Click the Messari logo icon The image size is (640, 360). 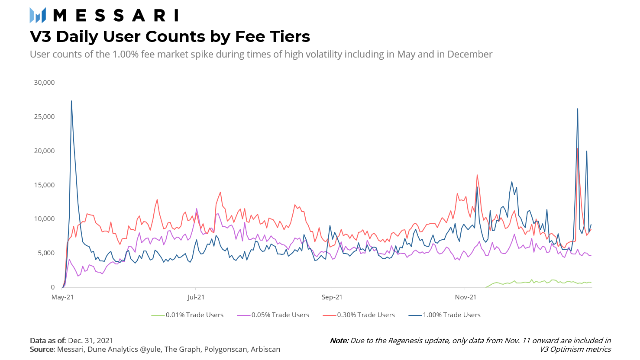[38, 15]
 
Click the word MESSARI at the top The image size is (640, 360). [115, 16]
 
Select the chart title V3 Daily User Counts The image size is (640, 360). [170, 37]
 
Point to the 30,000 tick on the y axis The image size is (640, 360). [44, 83]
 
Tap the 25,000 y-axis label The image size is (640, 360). [44, 117]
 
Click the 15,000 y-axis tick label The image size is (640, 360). [44, 185]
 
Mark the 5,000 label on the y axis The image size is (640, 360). [46, 253]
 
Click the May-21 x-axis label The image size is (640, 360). [63, 297]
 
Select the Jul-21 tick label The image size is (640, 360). [196, 297]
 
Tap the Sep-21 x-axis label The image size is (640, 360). [332, 297]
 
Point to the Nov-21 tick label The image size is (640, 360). [465, 297]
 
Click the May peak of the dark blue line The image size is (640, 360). [71, 101]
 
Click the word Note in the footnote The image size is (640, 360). [339, 341]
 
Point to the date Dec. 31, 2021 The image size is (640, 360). [91, 341]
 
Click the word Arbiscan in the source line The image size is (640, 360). [265, 349]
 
